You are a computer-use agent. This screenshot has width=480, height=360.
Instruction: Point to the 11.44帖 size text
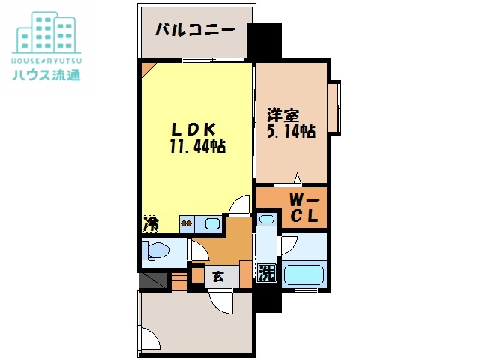[x=197, y=145]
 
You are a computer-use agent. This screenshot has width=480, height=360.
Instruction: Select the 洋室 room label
[x=284, y=115]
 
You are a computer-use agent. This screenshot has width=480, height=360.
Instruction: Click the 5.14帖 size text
[x=291, y=131]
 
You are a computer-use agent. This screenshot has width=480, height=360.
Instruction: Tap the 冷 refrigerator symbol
[x=150, y=223]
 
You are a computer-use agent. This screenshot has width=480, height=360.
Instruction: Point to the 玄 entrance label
[x=217, y=276]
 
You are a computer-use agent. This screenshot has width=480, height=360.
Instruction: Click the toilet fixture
[x=157, y=250]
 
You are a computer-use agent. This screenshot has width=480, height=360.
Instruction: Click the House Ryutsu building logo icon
[x=47, y=31]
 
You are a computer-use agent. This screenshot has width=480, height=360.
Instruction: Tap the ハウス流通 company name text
[x=46, y=74]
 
